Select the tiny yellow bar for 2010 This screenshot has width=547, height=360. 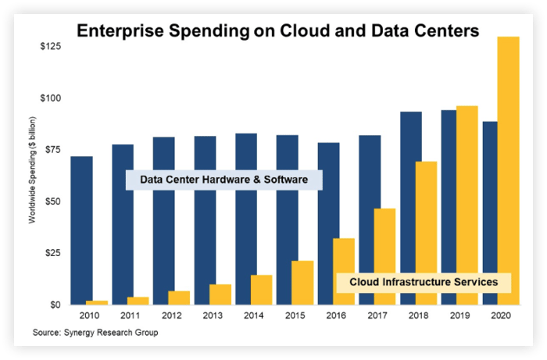point(97,302)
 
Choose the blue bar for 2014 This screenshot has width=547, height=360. point(246,219)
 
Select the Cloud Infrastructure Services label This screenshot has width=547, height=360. point(424,281)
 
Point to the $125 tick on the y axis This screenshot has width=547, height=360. point(52,47)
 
